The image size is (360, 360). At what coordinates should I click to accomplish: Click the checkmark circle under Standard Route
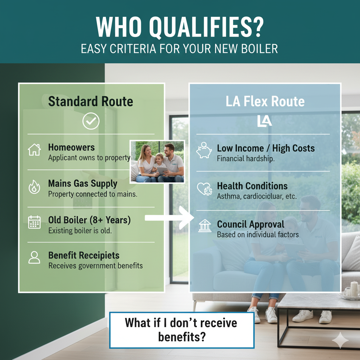coord(91,121)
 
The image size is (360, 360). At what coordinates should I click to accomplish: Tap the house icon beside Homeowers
coord(34,150)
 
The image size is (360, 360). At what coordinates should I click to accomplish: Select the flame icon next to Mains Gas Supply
coord(34,187)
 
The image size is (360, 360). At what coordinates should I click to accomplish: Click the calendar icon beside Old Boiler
coord(34,222)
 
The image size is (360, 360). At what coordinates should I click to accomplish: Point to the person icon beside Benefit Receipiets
coord(34,257)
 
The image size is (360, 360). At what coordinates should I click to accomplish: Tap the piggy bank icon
coord(204,150)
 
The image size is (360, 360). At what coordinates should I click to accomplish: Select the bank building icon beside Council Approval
coord(205,225)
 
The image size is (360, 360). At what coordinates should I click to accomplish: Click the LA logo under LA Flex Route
coord(264,121)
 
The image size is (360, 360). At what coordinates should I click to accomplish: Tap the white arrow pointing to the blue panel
coord(169,218)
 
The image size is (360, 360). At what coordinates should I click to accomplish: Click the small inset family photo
coord(157,162)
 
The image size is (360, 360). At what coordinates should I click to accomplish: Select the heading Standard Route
coord(91,101)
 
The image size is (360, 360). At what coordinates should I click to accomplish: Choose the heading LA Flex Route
coord(265,101)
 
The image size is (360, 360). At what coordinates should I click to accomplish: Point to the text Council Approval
coord(251,224)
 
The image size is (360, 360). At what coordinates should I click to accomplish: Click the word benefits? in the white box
coord(182,337)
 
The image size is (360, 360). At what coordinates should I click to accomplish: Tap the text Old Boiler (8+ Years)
coord(90,220)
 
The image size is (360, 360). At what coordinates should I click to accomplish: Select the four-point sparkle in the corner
coord(340,340)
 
